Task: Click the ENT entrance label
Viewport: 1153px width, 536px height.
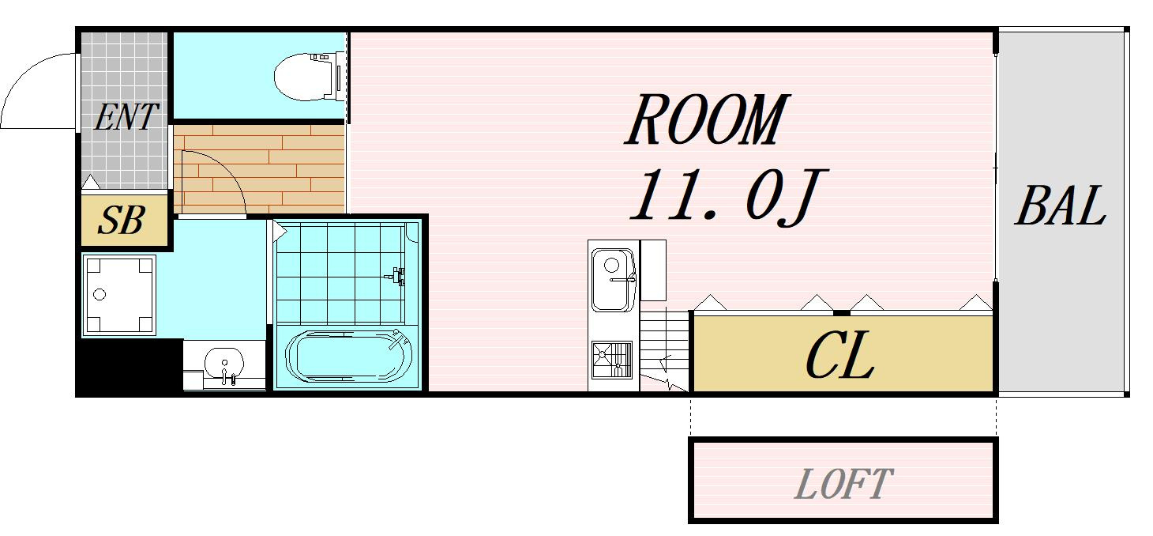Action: click(x=126, y=117)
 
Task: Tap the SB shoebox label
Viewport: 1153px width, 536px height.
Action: click(x=122, y=221)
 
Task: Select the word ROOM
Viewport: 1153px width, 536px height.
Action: click(x=706, y=119)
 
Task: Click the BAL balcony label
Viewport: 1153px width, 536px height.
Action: click(x=1061, y=206)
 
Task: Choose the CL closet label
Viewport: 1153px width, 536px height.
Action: click(x=840, y=356)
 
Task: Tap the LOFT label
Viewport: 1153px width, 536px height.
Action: click(x=843, y=484)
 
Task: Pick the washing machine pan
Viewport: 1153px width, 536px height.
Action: click(x=119, y=295)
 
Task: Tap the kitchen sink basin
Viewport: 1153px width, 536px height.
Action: click(x=613, y=280)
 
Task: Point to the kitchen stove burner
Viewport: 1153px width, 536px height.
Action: click(x=612, y=360)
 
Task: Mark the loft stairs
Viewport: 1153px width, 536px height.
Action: click(x=664, y=350)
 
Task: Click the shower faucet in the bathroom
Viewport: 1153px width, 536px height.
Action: click(x=397, y=276)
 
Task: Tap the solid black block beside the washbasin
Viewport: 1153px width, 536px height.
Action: click(x=130, y=367)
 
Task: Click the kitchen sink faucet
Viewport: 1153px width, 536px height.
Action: click(x=622, y=279)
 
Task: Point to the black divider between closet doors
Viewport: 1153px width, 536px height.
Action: click(x=842, y=313)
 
